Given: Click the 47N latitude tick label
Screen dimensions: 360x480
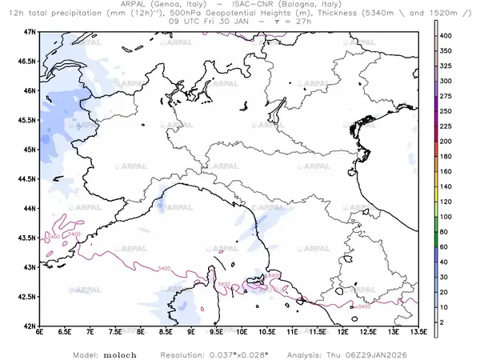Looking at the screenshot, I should click(30, 31).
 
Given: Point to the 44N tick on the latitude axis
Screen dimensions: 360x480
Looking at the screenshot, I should click(30, 208).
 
